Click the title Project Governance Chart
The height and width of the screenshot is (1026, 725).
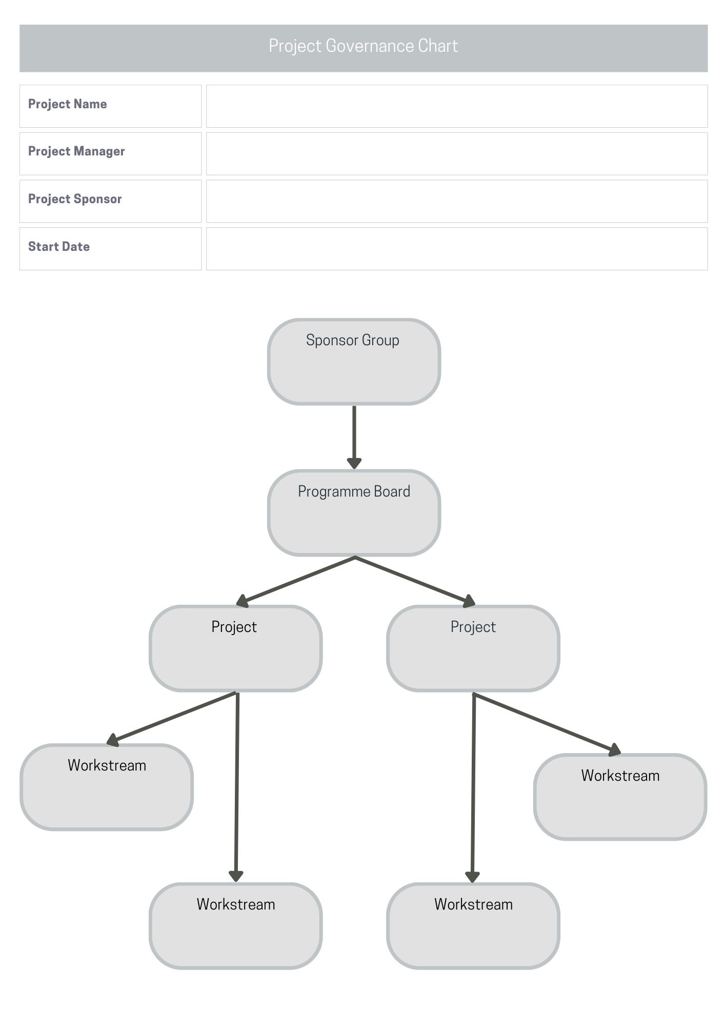point(363,46)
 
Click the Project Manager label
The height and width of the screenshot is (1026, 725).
point(76,151)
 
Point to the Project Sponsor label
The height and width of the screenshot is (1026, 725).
point(75,199)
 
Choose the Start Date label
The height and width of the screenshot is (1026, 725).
point(59,247)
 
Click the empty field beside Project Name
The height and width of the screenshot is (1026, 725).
point(456,106)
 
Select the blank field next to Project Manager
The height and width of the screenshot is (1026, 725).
point(456,154)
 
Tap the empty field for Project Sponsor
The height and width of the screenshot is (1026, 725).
point(456,201)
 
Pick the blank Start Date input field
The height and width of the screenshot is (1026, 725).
point(456,249)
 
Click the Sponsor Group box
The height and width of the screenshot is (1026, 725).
point(354,362)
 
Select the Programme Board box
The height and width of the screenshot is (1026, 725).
point(354,513)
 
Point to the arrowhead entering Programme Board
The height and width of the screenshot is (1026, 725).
point(354,463)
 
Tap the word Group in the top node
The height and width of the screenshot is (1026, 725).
point(380,340)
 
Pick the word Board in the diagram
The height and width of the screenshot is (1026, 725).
point(392,491)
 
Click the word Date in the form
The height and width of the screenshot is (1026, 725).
point(76,247)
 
